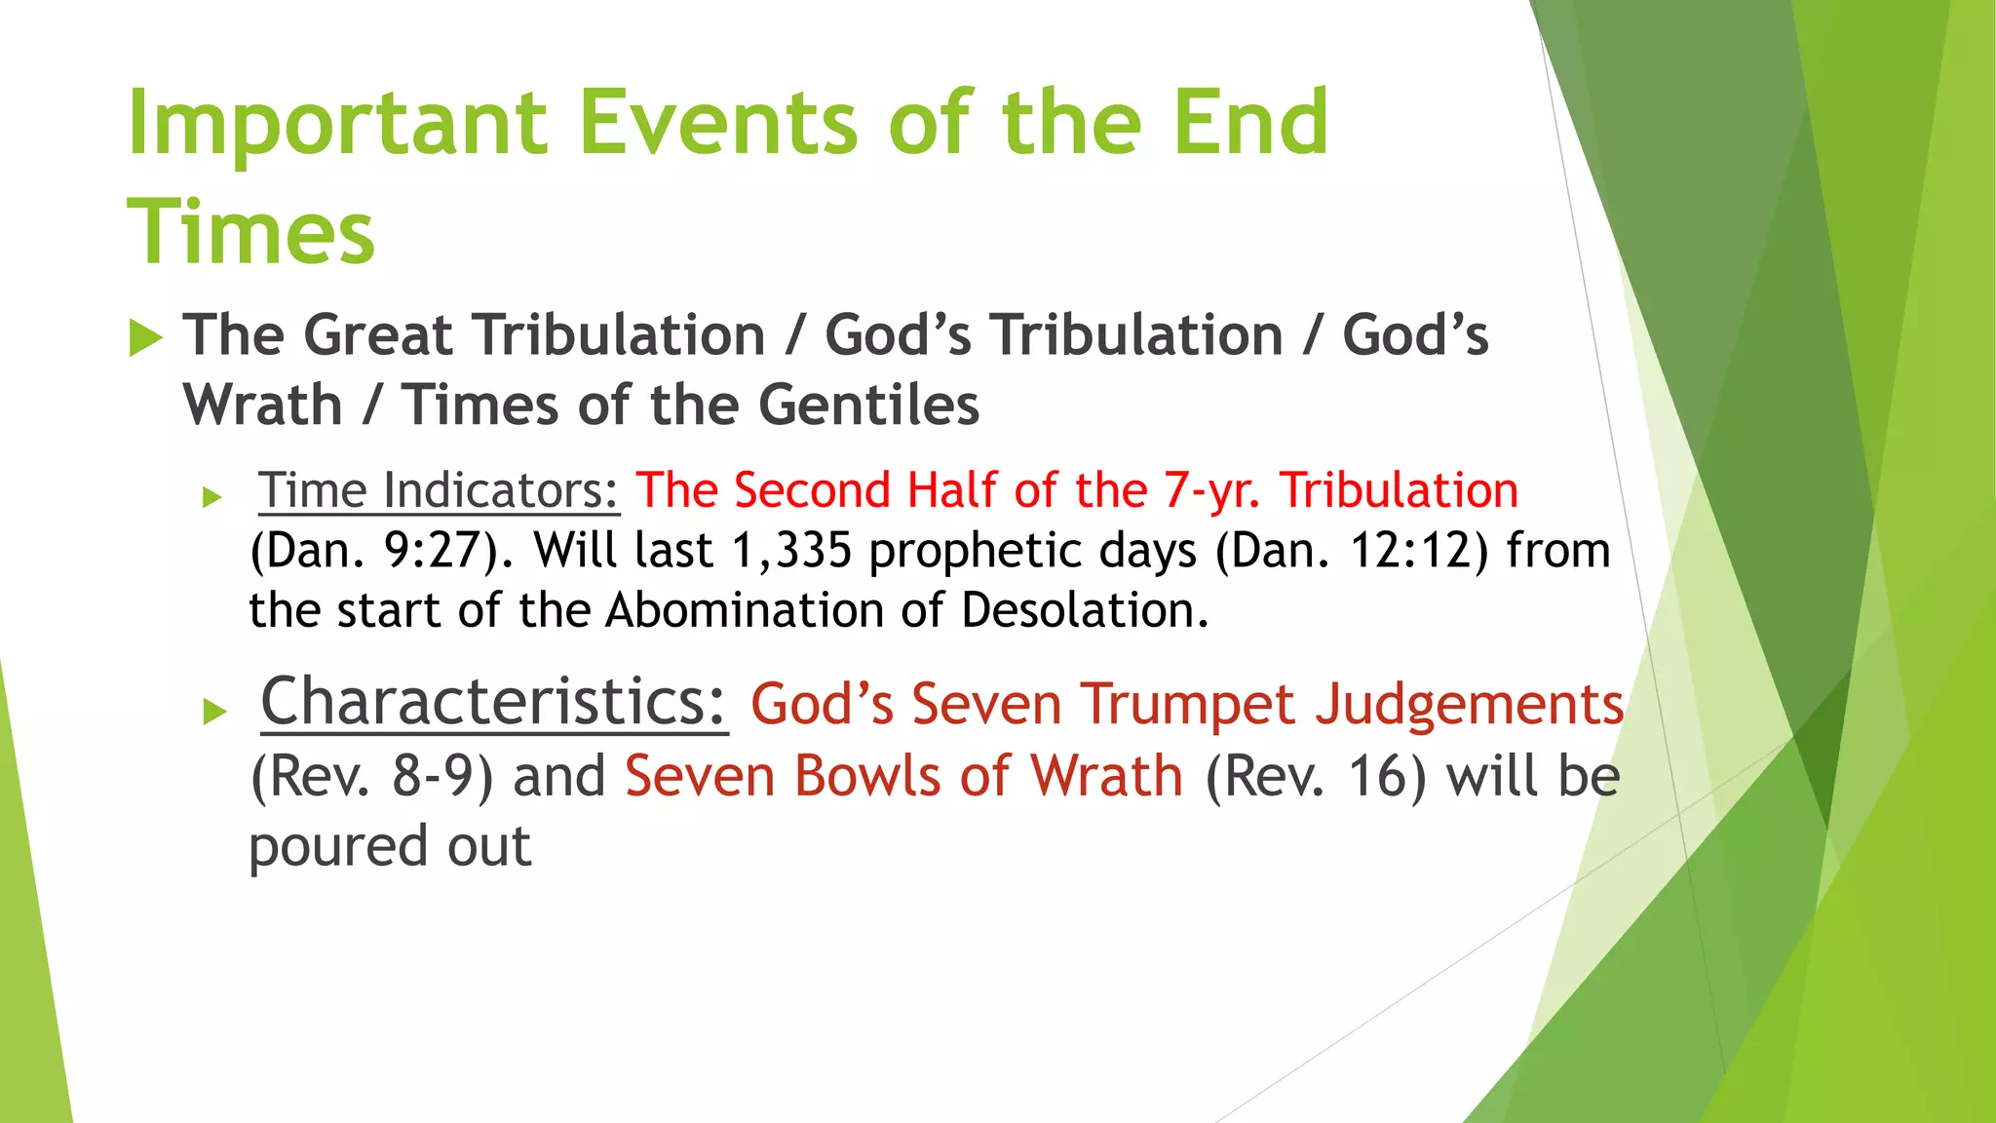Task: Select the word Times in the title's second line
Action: [x=250, y=233]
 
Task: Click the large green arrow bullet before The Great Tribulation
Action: [x=146, y=338]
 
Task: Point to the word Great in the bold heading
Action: [x=378, y=335]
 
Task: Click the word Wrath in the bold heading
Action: [x=263, y=406]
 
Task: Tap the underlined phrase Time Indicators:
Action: [x=439, y=490]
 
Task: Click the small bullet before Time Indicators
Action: [x=212, y=498]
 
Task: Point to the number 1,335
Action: [x=791, y=551]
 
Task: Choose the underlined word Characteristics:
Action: [x=493, y=702]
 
